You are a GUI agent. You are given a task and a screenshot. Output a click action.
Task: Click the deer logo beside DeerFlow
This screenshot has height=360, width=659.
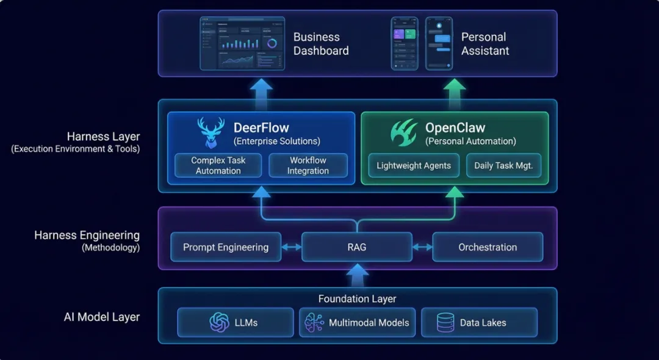click(211, 132)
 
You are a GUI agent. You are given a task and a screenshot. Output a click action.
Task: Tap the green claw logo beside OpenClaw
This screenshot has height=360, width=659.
click(404, 132)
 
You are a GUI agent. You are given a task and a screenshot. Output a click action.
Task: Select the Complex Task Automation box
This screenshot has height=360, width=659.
click(218, 165)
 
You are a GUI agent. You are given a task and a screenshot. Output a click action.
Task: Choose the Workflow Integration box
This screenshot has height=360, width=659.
click(308, 165)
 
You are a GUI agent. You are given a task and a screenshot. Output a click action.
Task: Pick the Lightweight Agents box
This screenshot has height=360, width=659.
click(414, 165)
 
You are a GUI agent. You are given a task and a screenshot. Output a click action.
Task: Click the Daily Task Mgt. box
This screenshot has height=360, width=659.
click(503, 165)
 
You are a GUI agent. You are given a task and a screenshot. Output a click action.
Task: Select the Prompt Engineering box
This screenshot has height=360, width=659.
click(226, 247)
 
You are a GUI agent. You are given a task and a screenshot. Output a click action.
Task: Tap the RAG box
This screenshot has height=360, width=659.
click(357, 247)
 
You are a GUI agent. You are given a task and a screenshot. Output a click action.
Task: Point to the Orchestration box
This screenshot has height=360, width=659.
click(488, 247)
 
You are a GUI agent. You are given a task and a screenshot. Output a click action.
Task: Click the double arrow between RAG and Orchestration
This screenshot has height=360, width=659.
click(422, 247)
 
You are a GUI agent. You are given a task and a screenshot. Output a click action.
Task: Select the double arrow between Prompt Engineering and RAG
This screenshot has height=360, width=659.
click(291, 247)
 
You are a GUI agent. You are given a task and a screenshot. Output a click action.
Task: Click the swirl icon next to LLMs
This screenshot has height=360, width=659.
click(220, 323)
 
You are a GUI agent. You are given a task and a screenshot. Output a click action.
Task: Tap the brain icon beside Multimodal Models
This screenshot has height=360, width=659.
click(314, 323)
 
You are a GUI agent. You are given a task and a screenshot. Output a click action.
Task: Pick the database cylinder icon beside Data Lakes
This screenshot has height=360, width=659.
click(445, 323)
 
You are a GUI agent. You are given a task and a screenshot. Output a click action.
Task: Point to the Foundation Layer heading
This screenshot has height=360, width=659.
click(357, 298)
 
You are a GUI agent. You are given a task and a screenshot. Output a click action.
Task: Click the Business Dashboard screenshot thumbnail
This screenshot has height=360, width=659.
click(242, 43)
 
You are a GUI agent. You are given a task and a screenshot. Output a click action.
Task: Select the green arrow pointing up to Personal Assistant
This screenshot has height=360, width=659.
click(455, 94)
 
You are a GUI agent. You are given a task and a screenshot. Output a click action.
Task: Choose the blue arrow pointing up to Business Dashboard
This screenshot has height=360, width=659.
click(261, 94)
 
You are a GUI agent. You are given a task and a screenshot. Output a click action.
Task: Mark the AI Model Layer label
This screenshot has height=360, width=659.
click(102, 317)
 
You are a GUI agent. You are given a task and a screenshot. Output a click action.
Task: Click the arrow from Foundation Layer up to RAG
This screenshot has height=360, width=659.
click(357, 275)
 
